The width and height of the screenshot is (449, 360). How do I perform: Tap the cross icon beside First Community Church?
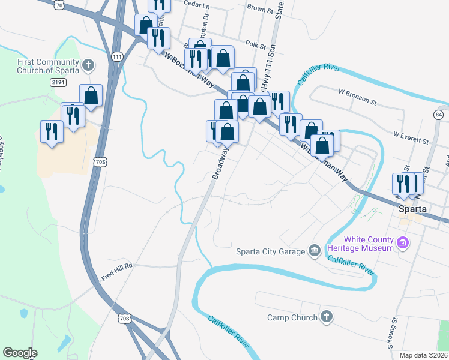88,64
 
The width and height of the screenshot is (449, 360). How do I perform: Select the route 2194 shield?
58,82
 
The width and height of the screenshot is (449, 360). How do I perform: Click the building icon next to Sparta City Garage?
314,251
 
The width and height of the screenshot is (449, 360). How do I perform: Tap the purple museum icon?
403,244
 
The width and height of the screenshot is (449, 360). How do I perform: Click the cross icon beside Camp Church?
326,317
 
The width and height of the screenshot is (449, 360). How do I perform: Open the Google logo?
20,353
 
